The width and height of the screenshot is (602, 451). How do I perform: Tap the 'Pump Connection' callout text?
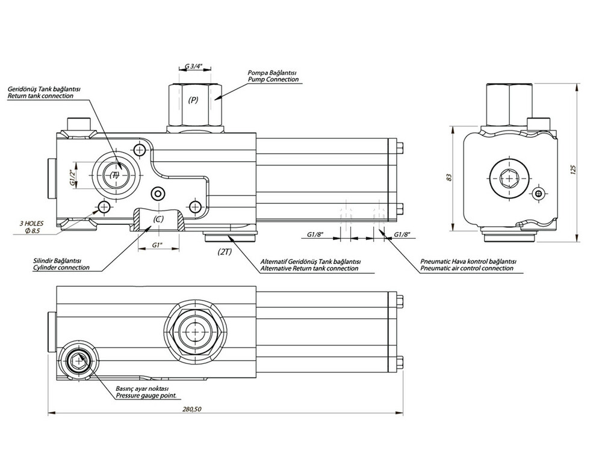273,80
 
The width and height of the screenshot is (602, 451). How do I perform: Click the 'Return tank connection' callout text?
40,96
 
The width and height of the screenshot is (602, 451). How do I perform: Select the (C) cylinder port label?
158,219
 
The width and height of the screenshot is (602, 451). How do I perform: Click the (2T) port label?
225,253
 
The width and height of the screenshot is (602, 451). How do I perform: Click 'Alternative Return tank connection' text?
310,268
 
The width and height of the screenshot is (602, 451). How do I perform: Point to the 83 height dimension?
448,177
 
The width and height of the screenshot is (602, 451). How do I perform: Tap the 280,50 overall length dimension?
191,410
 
